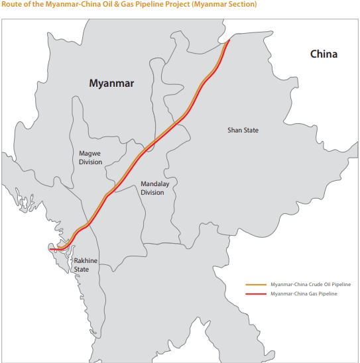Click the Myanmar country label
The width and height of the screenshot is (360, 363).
click(x=112, y=83)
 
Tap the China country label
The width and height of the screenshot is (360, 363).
click(x=324, y=54)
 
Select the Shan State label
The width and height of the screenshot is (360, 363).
click(x=243, y=130)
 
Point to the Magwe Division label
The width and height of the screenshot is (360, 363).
click(x=91, y=158)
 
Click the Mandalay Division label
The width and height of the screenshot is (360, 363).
click(x=152, y=188)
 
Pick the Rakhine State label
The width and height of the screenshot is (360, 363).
click(x=85, y=265)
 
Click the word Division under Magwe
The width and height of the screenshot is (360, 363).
click(x=91, y=162)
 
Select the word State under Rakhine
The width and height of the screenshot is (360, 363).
click(x=82, y=270)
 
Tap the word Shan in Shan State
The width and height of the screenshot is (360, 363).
click(x=235, y=130)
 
